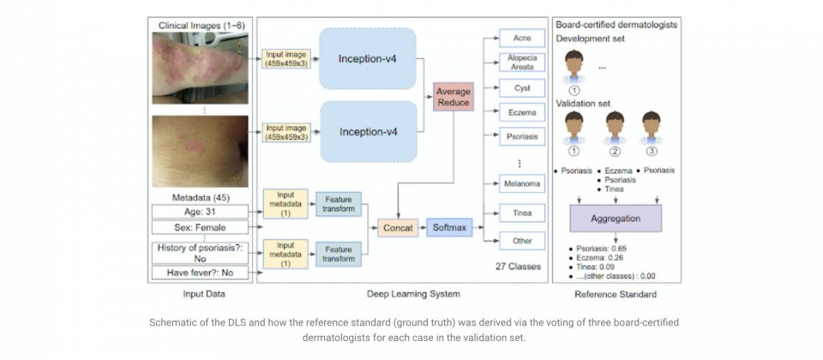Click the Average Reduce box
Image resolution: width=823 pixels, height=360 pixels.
[454, 97]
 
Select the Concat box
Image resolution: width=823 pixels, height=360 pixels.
[398, 228]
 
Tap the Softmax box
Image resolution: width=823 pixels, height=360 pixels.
[449, 227]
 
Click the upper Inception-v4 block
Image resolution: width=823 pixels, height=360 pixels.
[368, 58]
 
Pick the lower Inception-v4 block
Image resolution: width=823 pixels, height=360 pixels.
[368, 131]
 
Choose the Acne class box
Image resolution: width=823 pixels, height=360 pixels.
[522, 39]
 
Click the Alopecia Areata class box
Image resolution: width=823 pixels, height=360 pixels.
[522, 63]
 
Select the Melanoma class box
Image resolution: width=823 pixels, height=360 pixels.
[522, 183]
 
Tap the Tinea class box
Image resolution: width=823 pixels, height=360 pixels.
[522, 213]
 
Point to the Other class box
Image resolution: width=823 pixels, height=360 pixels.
[522, 241]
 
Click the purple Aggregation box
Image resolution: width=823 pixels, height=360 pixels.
[616, 219]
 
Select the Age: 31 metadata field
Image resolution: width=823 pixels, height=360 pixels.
[200, 212]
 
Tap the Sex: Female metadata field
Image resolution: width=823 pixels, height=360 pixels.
[200, 227]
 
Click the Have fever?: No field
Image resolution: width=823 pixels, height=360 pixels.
[200, 273]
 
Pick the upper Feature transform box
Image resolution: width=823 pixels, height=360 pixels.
[338, 204]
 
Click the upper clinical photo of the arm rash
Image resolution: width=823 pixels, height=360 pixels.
[200, 69]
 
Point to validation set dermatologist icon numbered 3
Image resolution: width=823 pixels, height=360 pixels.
[651, 128]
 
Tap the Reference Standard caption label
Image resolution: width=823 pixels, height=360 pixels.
[616, 294]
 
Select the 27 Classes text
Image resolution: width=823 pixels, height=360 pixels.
[518, 266]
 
